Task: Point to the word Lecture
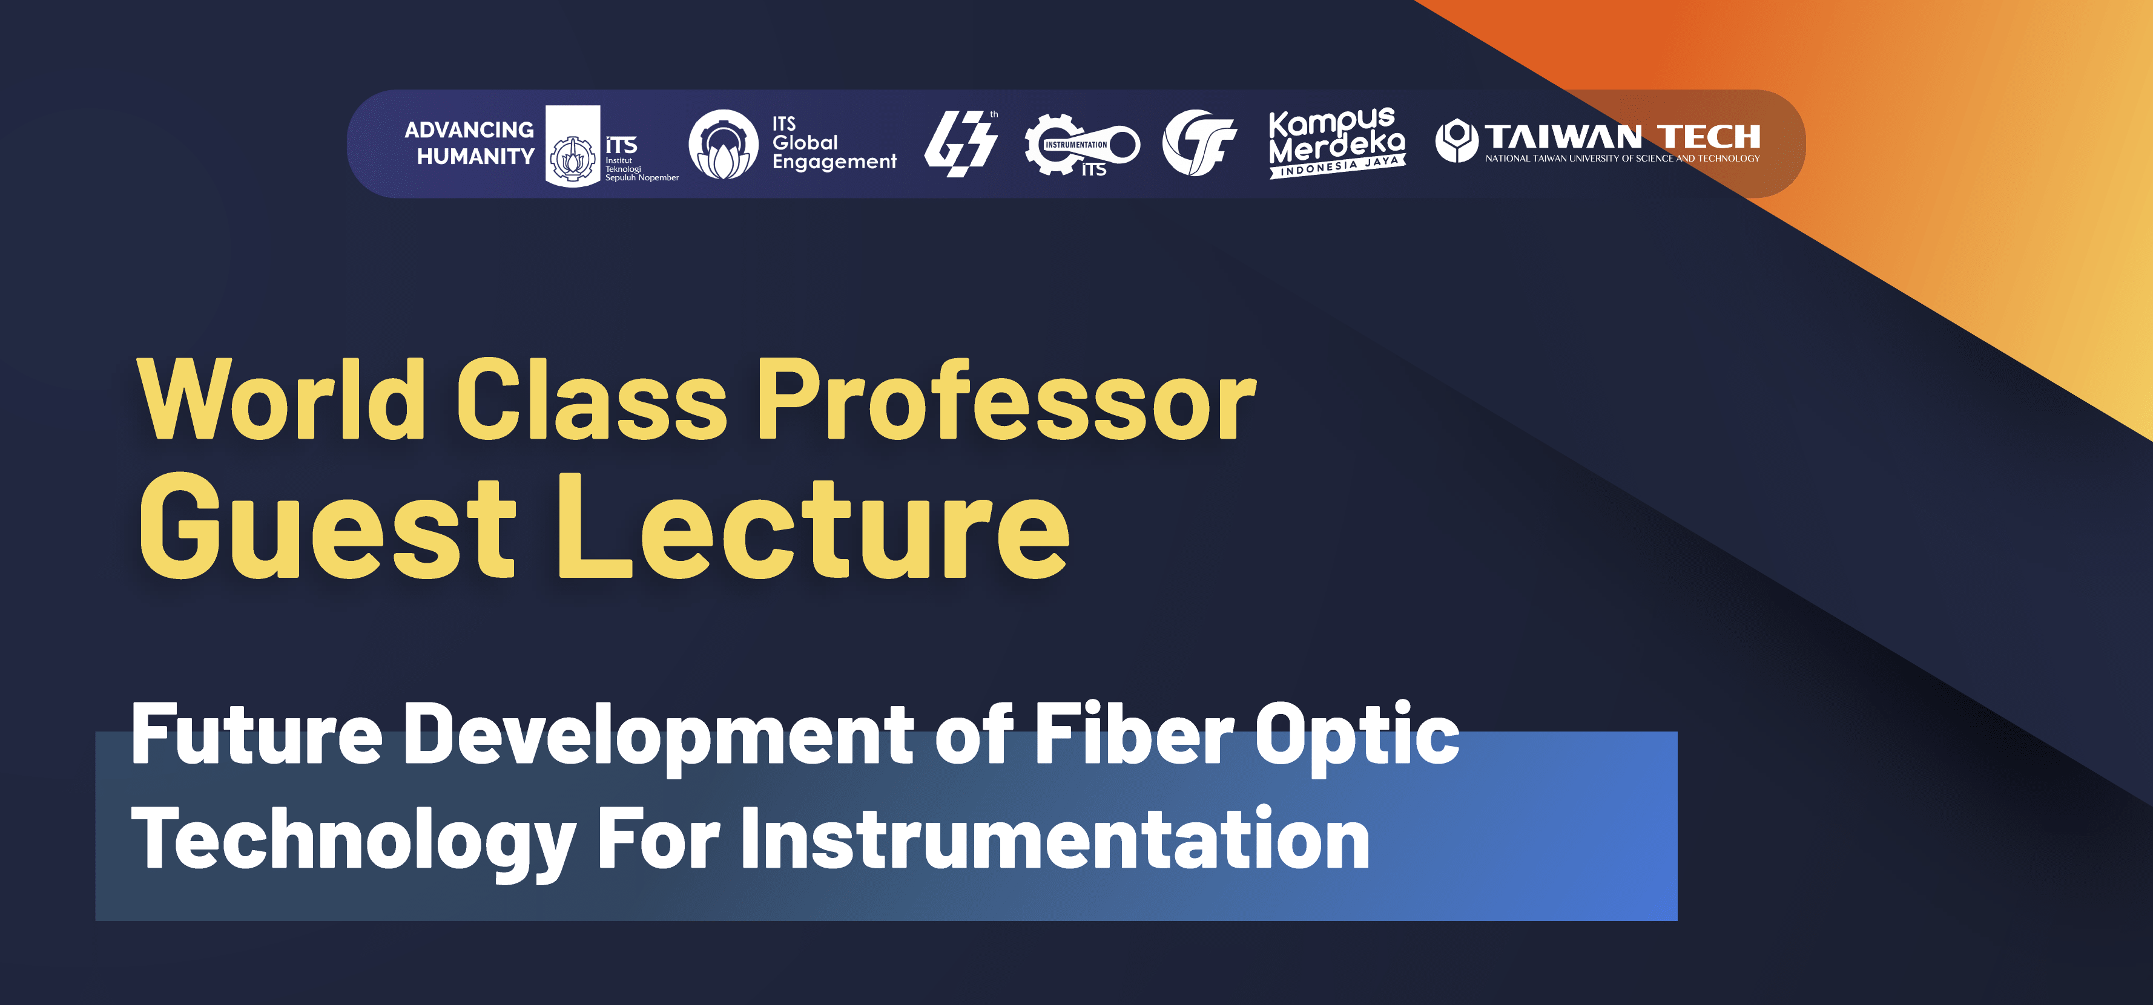click(813, 526)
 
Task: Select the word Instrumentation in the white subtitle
click(1055, 840)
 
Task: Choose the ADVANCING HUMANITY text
click(470, 143)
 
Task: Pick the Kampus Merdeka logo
click(1336, 142)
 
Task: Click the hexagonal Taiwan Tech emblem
click(1456, 140)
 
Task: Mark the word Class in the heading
click(591, 399)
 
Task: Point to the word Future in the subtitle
click(257, 733)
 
